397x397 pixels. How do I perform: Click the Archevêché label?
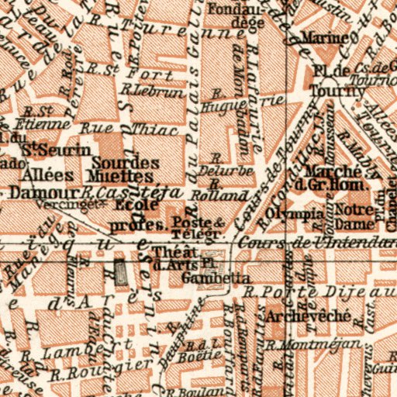coord(307,316)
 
